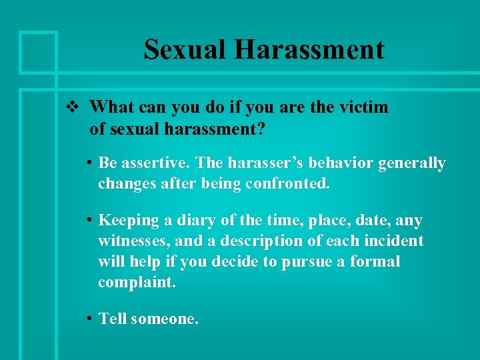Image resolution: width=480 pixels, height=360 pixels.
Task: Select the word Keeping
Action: pos(129,221)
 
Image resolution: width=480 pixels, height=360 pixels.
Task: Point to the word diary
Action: pos(193,221)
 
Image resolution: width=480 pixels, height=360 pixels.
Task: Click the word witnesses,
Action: pos(134,241)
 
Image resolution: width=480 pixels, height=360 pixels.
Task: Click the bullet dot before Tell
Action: pos(89,319)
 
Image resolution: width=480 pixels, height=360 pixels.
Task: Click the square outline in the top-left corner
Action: pos(38,51)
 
